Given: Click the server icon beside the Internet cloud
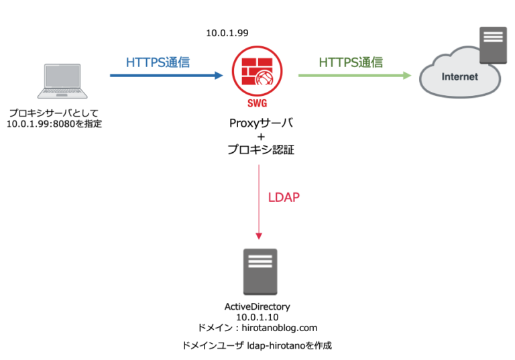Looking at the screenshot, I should pos(492,46).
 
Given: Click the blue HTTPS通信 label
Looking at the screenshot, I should pos(158,62).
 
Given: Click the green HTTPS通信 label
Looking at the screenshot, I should pos(351,62).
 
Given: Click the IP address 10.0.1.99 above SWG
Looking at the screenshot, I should pos(227,32).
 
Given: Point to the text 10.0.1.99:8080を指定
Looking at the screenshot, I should pos(54,124).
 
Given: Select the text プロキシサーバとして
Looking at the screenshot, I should pos(54,113).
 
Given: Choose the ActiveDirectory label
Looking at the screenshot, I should pos(257,306).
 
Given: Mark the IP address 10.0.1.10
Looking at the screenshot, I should pos(257,316).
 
